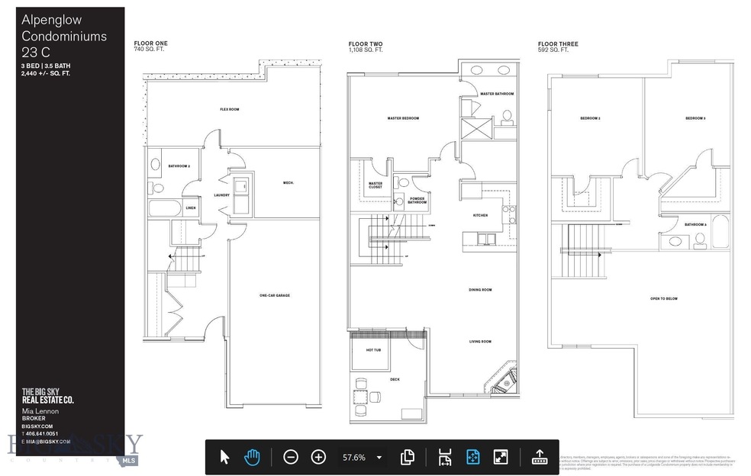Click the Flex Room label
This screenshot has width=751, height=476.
[230, 109]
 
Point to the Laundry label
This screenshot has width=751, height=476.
[222, 195]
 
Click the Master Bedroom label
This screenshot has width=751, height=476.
[403, 118]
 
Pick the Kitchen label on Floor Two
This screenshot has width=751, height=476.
[480, 216]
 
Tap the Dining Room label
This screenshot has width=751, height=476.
[480, 290]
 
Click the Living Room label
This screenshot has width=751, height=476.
[480, 342]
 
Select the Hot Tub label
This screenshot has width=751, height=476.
[372, 350]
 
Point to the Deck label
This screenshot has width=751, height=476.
[395, 379]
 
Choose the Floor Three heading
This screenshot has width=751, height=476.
[558, 44]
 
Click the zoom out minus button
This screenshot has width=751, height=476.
[291, 457]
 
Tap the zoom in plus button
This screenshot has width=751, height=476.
[319, 457]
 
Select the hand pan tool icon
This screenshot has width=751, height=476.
[252, 457]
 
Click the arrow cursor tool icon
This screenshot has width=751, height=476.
[224, 457]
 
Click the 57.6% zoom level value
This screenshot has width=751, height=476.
[353, 458]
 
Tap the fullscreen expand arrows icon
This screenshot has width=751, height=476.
[501, 457]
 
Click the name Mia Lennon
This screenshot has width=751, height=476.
[40, 411]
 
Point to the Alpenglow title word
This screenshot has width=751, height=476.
[51, 20]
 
